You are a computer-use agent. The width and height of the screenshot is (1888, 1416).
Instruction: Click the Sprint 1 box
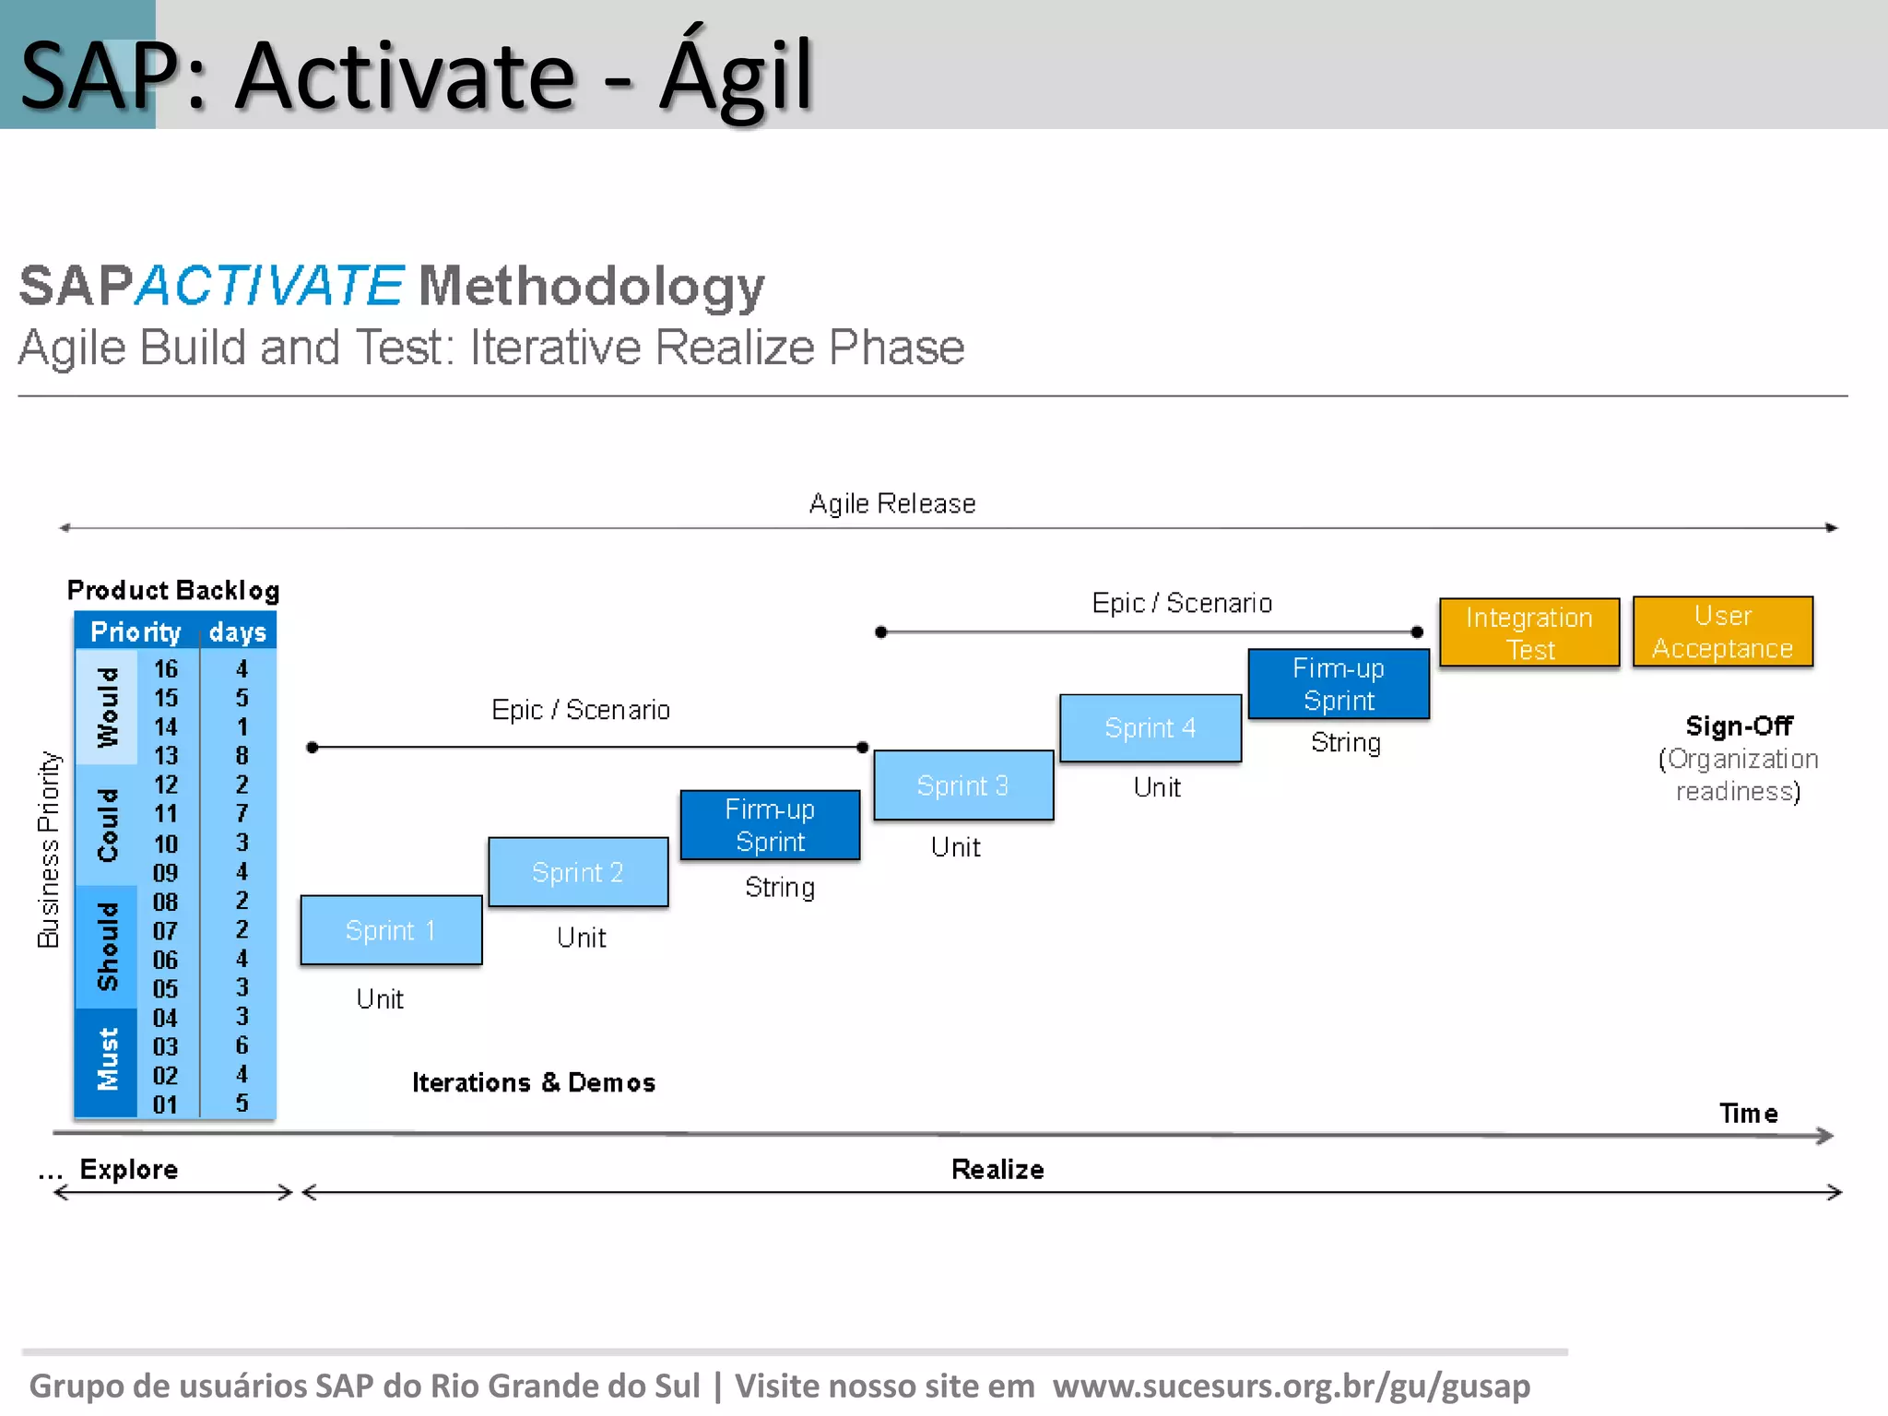click(x=391, y=930)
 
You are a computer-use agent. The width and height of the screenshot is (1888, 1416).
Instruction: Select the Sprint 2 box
click(x=578, y=872)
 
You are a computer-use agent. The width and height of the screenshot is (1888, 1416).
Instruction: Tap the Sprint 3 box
click(x=963, y=785)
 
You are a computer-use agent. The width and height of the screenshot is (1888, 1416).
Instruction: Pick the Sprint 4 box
click(x=1150, y=728)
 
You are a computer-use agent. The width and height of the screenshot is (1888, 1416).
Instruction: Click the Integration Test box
click(x=1529, y=632)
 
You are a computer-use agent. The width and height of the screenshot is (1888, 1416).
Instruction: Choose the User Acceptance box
click(x=1722, y=631)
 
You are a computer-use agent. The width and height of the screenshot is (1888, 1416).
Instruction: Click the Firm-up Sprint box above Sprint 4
click(x=1339, y=684)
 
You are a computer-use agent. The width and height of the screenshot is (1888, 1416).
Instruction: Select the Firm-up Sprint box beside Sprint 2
click(x=770, y=825)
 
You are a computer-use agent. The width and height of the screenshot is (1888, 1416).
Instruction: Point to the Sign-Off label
click(x=1739, y=726)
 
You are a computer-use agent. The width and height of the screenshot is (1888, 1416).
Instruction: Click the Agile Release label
click(x=891, y=503)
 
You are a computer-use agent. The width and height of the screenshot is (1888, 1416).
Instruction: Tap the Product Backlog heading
click(x=173, y=590)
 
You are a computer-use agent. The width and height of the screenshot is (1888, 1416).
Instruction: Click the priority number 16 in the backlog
click(x=166, y=668)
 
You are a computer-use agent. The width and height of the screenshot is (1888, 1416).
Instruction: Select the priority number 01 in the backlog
click(x=166, y=1103)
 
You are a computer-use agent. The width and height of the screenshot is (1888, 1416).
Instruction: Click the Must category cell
click(x=107, y=1060)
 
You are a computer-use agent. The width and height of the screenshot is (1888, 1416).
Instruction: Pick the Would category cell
click(x=107, y=707)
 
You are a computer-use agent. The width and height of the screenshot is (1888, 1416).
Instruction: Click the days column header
click(x=237, y=631)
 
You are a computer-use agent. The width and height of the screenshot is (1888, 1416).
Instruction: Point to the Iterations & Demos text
click(x=533, y=1082)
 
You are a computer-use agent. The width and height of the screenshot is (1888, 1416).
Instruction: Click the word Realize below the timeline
click(x=997, y=1169)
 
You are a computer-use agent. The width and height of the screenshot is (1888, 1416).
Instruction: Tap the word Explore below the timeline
click(x=129, y=1169)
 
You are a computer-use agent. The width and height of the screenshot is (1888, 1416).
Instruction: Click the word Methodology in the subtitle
click(x=591, y=286)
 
